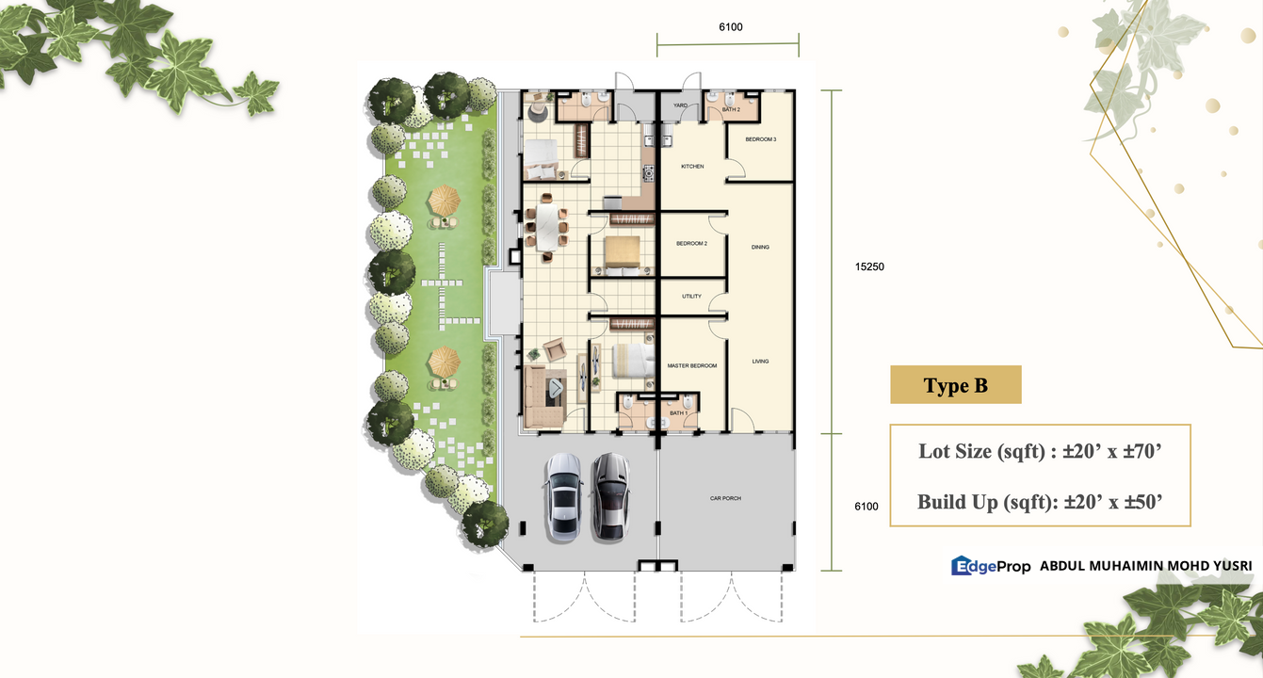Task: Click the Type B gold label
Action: tap(956, 385)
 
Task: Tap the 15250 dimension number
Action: tap(869, 266)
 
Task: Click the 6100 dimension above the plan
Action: tap(731, 27)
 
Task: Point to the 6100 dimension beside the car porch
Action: tap(866, 506)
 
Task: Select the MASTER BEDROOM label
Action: tap(692, 365)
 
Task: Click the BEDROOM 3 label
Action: tap(761, 139)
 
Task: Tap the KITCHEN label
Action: tap(692, 167)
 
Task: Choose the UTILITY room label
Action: tap(692, 296)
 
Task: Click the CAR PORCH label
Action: tap(725, 498)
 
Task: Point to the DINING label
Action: tap(760, 247)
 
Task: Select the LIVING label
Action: tap(760, 362)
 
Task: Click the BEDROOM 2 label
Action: tap(692, 244)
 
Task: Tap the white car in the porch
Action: tap(562, 497)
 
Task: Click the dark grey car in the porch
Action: tap(610, 497)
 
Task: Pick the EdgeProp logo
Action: tap(991, 565)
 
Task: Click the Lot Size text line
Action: tap(1040, 451)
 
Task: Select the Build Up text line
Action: tap(1040, 502)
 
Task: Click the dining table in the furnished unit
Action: tap(546, 227)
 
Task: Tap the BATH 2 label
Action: tap(731, 109)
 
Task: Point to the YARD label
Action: tap(681, 105)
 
